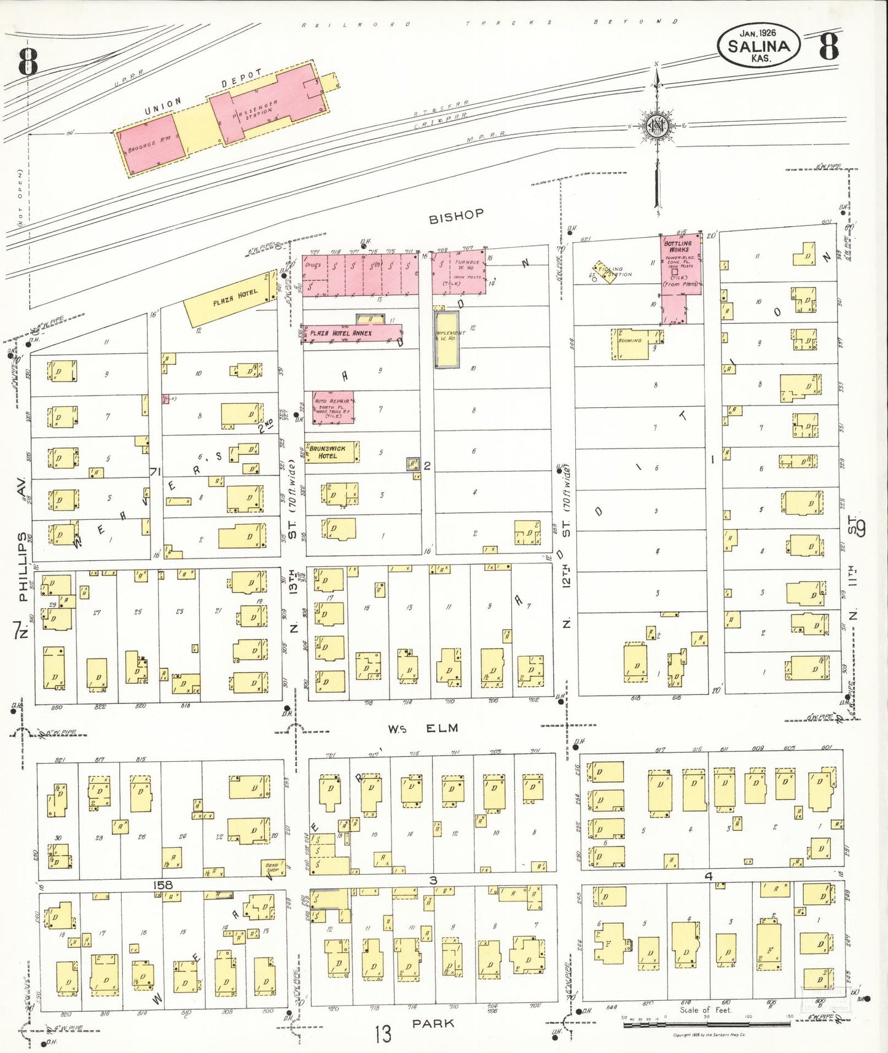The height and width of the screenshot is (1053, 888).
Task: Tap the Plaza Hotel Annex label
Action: (x=340, y=334)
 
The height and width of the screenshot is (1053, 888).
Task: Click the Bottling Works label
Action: (x=678, y=246)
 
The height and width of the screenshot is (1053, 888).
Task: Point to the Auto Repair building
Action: (x=333, y=408)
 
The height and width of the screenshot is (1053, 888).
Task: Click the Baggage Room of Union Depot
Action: (x=149, y=146)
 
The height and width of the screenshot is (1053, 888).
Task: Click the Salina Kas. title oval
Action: (x=758, y=45)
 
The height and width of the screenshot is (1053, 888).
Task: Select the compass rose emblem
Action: (x=656, y=127)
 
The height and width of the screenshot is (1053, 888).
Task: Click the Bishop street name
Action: (x=456, y=216)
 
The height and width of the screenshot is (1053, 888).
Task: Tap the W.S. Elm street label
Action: (x=423, y=729)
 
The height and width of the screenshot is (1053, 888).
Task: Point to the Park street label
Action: (x=433, y=1024)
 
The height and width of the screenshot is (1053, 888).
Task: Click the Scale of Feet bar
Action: (x=707, y=1024)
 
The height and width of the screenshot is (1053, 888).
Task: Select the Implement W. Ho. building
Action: (x=447, y=339)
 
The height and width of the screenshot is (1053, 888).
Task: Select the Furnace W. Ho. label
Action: (x=466, y=265)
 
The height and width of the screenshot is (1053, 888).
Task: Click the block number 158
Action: (x=163, y=885)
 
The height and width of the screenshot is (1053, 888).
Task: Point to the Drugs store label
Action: (x=313, y=265)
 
